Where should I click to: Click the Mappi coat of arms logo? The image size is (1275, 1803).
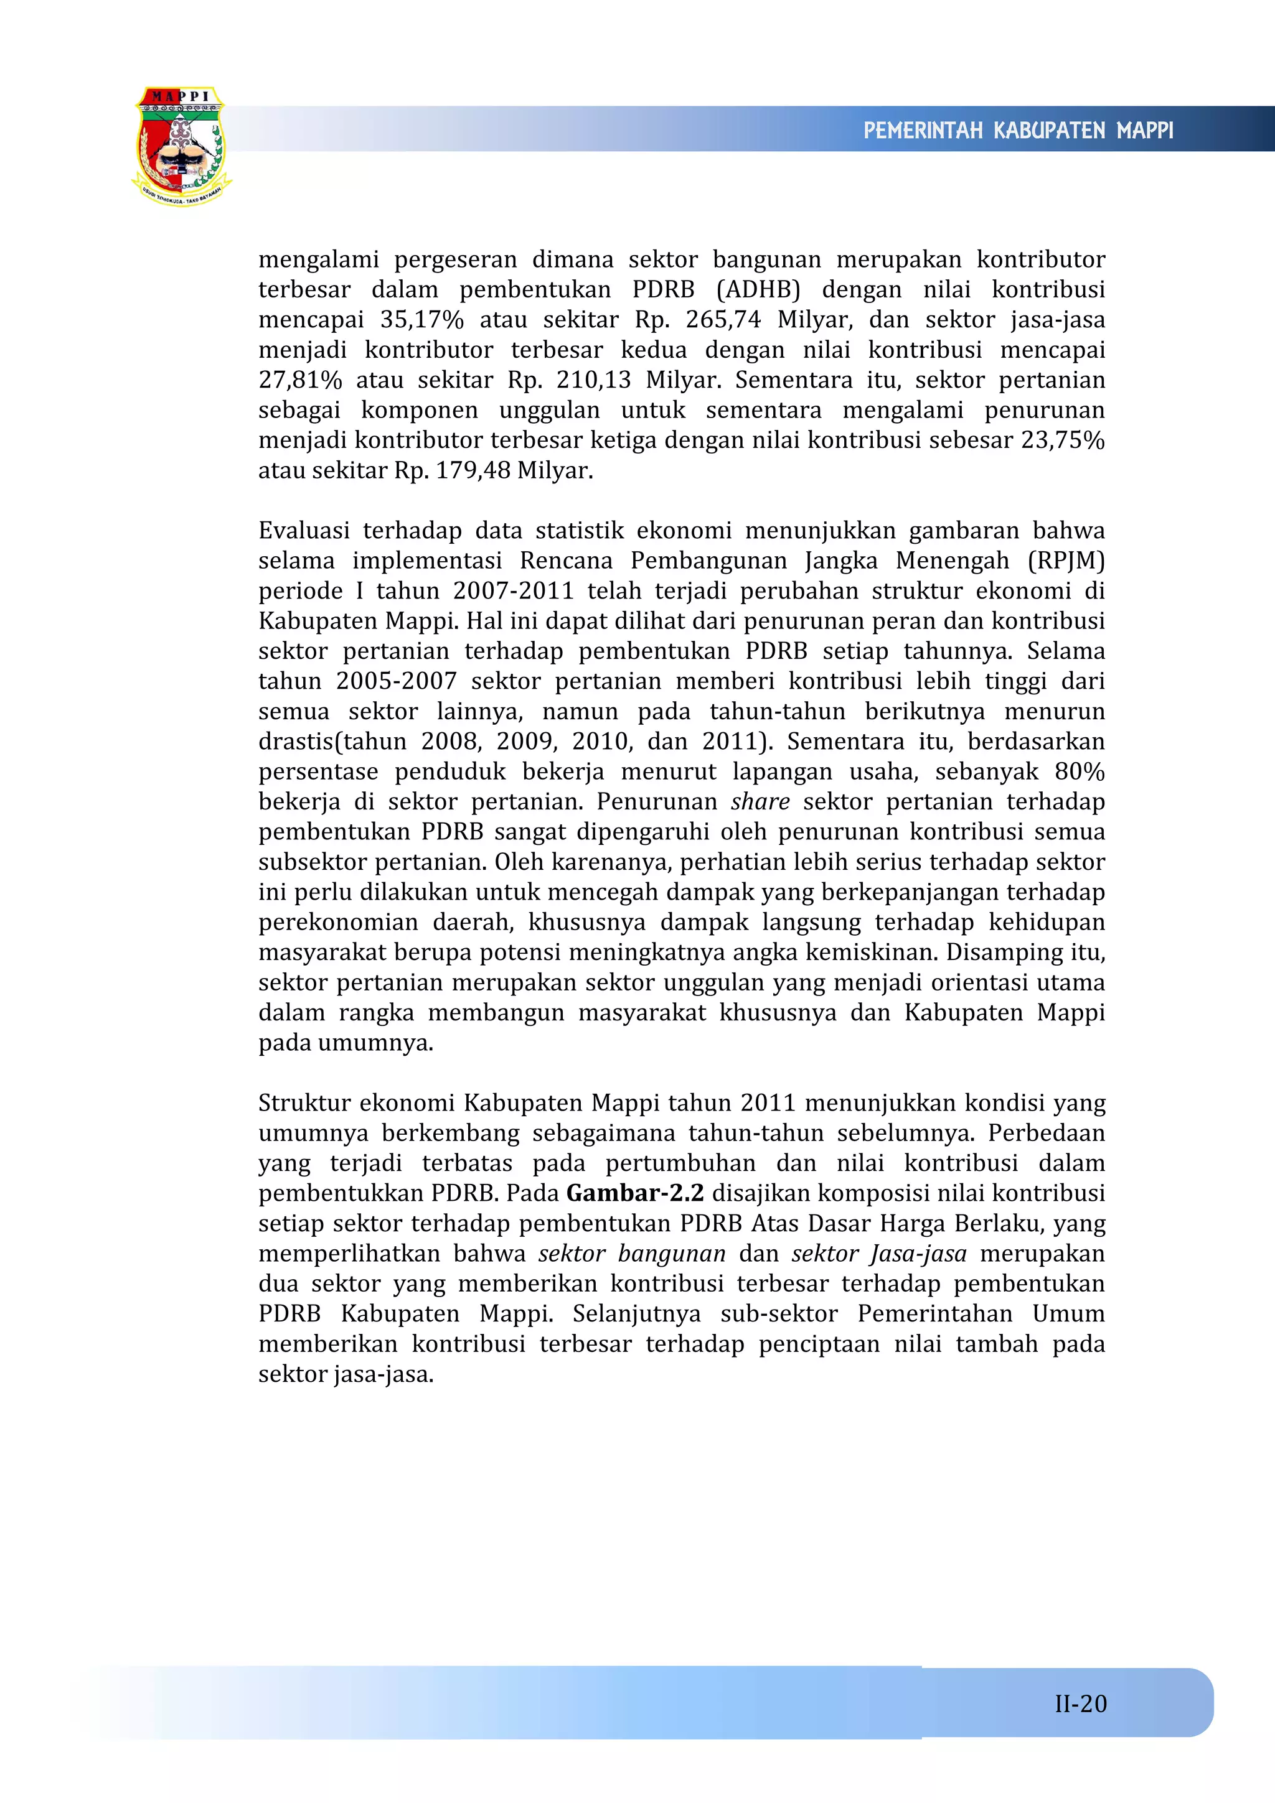181,147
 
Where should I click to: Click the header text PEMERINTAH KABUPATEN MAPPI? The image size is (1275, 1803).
1018,131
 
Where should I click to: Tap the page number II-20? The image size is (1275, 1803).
1080,1703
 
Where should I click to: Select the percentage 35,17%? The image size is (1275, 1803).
422,320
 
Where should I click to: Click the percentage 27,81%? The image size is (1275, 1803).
300,380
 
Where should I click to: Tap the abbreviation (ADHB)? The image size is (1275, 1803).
758,290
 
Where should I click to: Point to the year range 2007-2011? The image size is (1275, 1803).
513,590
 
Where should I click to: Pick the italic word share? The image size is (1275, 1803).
760,802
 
